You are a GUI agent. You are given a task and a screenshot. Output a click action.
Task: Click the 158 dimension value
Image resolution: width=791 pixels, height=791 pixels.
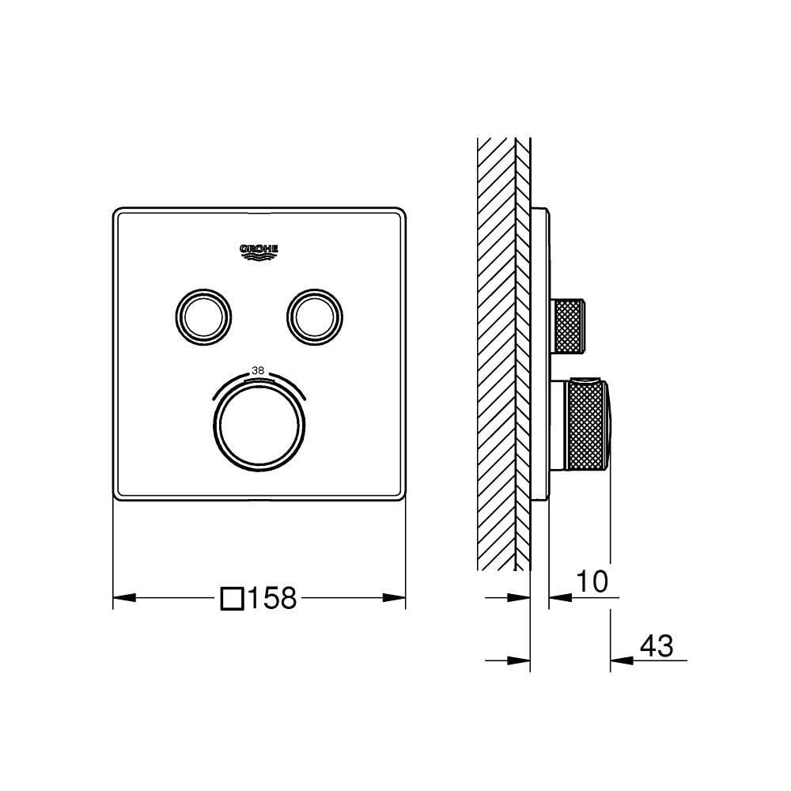272,598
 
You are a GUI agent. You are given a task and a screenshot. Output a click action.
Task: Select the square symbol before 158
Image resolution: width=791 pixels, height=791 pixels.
232,598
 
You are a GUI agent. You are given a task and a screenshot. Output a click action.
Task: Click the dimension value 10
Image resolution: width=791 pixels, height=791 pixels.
591,582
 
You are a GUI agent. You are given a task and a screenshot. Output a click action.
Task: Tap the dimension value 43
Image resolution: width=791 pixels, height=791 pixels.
656,646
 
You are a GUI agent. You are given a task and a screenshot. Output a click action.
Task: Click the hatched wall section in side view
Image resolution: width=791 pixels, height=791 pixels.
496,356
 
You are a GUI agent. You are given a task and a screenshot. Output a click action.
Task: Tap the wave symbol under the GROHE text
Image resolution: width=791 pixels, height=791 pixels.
259,255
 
